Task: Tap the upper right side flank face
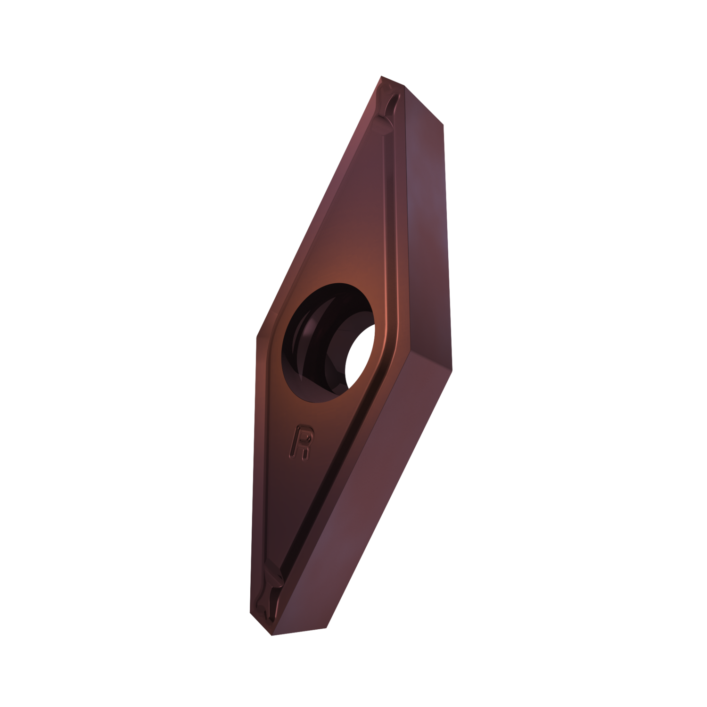419,212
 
